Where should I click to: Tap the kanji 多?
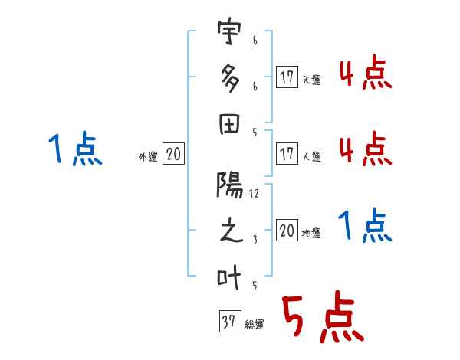[x=230, y=78]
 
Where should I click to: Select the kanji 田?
[x=229, y=124]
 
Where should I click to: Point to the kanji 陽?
[x=229, y=184]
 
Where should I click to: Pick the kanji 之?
[x=231, y=230]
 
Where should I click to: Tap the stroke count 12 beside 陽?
[x=254, y=194]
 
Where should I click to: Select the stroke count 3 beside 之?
[x=255, y=240]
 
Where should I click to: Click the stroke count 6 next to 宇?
[x=255, y=41]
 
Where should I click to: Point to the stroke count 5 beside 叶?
[x=255, y=285]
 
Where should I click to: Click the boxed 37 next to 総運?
[x=230, y=321]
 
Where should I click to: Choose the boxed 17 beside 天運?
[x=287, y=77]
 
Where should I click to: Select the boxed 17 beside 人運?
[x=287, y=153]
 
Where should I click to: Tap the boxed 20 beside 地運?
[x=287, y=230]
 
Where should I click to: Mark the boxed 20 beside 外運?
[x=173, y=153]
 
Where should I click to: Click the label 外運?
[x=148, y=156]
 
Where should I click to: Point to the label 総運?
[x=255, y=324]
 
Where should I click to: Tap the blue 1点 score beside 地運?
[x=365, y=225]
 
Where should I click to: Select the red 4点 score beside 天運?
[x=366, y=72]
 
